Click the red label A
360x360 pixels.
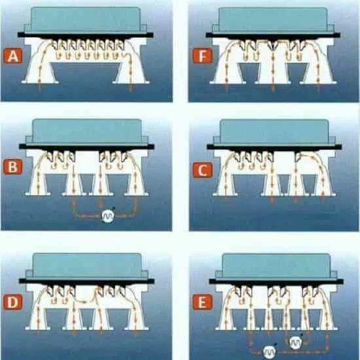tap(13, 56)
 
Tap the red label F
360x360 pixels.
tap(202, 56)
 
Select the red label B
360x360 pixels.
tap(13, 166)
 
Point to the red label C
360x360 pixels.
tap(202, 170)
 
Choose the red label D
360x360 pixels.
tap(13, 302)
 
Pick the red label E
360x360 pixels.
tap(202, 302)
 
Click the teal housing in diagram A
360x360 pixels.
tap(85, 20)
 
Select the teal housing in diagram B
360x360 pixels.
tap(87, 132)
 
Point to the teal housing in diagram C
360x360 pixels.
tap(275, 132)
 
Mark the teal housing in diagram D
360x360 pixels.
tap(87, 266)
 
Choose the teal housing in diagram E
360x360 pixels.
tap(276, 267)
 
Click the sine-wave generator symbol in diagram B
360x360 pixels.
tap(108, 216)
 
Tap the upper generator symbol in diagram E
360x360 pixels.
tap(295, 342)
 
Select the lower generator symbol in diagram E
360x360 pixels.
tap(269, 352)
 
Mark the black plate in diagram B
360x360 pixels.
tap(86, 147)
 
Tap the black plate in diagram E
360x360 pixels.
tap(276, 281)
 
